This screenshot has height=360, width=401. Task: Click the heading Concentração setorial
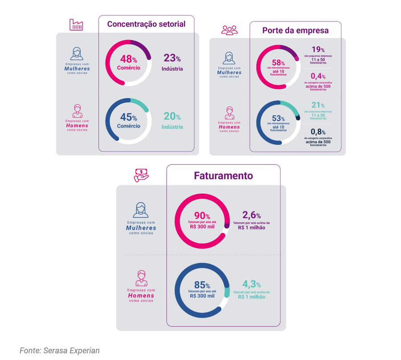point(146,24)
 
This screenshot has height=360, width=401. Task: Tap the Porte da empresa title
point(295,30)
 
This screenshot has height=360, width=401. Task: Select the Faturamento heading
point(223,176)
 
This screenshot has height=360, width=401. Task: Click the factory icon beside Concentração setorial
point(76,25)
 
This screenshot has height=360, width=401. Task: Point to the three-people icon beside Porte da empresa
point(229,30)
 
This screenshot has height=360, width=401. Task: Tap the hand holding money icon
point(141,175)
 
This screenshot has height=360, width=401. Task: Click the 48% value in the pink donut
point(128,59)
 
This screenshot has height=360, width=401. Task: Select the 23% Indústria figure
point(172,58)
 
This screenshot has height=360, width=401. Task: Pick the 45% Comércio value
point(128,117)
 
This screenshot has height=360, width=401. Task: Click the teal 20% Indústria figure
point(172,117)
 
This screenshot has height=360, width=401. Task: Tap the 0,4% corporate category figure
point(318,76)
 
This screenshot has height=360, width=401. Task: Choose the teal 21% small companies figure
point(318,105)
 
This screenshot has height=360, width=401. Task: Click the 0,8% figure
point(318,132)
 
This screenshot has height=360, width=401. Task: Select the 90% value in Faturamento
point(202,216)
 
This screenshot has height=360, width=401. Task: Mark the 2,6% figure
point(251,216)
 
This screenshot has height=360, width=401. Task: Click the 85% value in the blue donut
point(202,285)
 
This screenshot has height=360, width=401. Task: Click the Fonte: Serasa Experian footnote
point(60,351)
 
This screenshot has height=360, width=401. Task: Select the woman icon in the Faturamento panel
point(141,210)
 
